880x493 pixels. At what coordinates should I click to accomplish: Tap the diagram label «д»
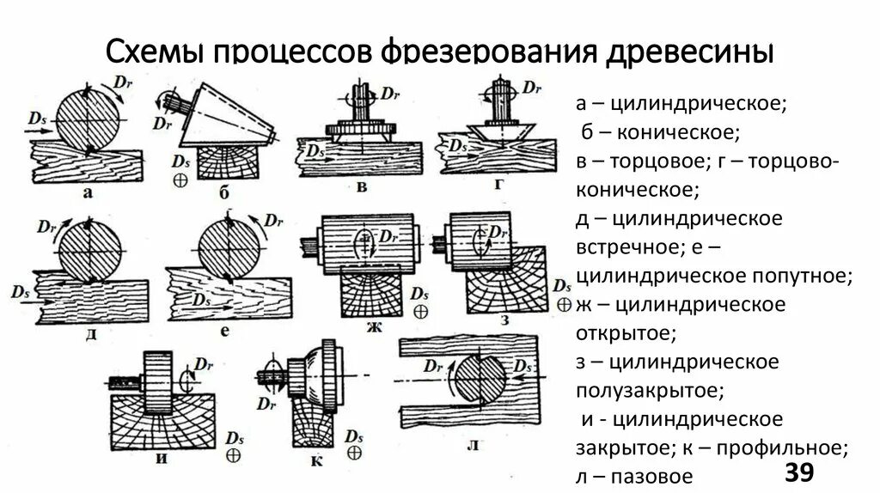[x=89, y=332]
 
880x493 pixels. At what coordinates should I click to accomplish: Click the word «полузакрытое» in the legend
[x=650, y=390]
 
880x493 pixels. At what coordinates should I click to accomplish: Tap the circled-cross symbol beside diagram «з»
[x=564, y=304]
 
